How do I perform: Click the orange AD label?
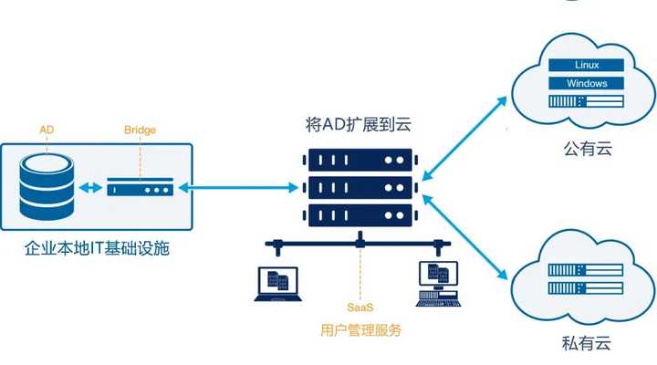pyautogui.click(x=47, y=130)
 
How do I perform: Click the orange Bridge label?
pyautogui.click(x=140, y=130)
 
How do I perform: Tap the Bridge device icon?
pyautogui.click(x=140, y=189)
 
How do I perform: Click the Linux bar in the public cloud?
pyautogui.click(x=587, y=66)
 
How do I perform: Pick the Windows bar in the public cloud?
pyautogui.click(x=587, y=84)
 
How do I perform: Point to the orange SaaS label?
pyautogui.click(x=360, y=308)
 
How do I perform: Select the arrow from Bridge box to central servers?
pyautogui.click(x=237, y=188)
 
